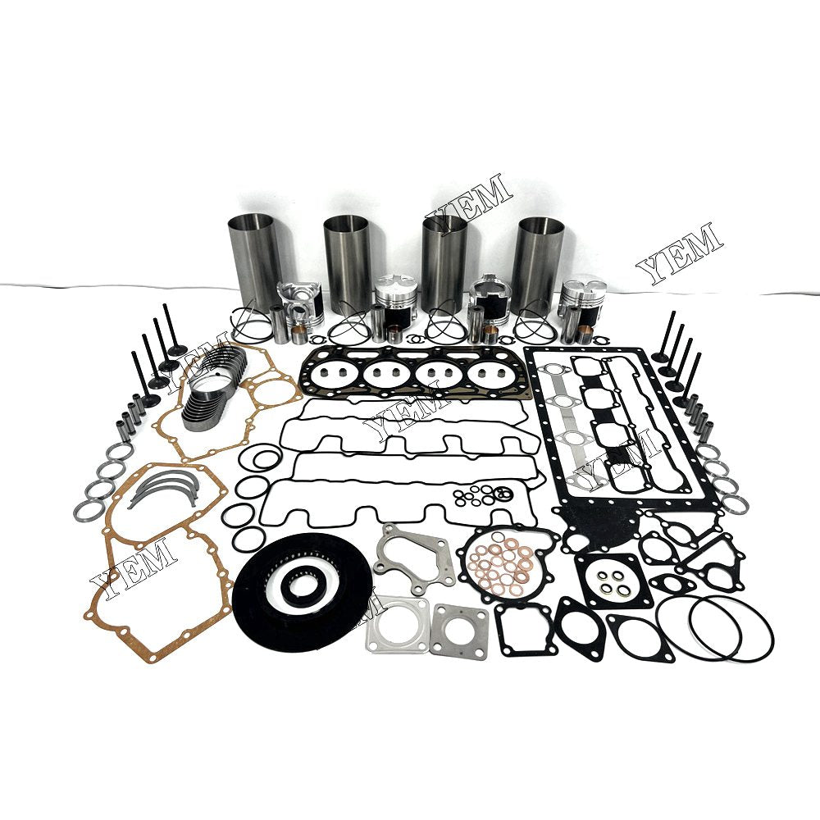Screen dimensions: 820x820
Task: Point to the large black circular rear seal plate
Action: [x=301, y=581]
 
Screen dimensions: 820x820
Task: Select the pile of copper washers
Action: [x=501, y=565]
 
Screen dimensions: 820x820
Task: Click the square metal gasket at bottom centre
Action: [x=460, y=630]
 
